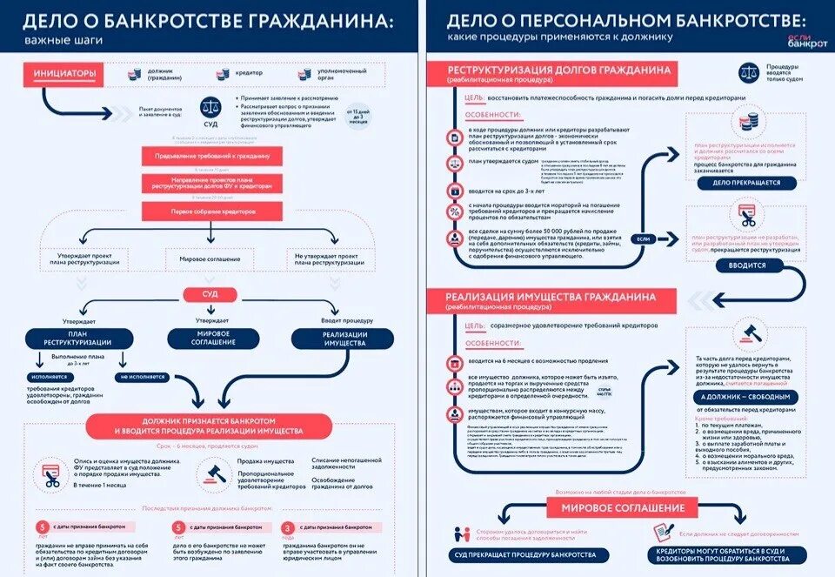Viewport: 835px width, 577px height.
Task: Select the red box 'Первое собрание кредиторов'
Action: (212, 211)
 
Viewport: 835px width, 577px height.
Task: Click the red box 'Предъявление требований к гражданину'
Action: (212, 156)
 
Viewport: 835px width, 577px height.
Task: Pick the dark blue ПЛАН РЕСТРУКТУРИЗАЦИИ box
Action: (77, 338)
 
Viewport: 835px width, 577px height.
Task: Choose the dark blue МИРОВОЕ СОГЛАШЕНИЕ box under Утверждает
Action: (213, 338)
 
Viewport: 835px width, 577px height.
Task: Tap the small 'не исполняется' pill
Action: (142, 377)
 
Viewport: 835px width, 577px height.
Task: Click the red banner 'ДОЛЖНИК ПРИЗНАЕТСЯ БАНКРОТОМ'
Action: (209, 425)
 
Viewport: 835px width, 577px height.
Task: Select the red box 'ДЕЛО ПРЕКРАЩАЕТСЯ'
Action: (746, 184)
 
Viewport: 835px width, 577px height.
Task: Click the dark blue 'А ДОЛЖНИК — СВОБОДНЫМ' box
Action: (745, 396)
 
